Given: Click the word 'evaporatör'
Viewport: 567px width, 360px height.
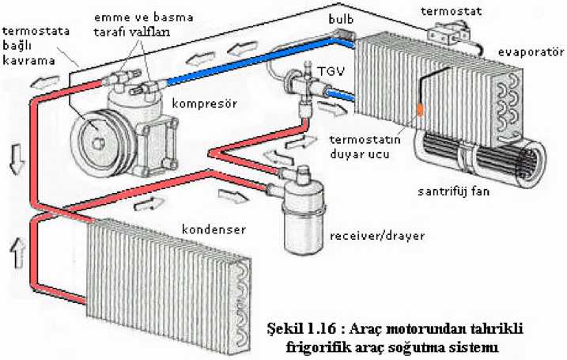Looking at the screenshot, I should [x=531, y=52].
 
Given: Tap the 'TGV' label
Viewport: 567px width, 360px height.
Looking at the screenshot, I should [x=327, y=70].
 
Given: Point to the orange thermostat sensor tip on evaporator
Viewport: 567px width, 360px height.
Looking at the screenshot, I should [x=421, y=108].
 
